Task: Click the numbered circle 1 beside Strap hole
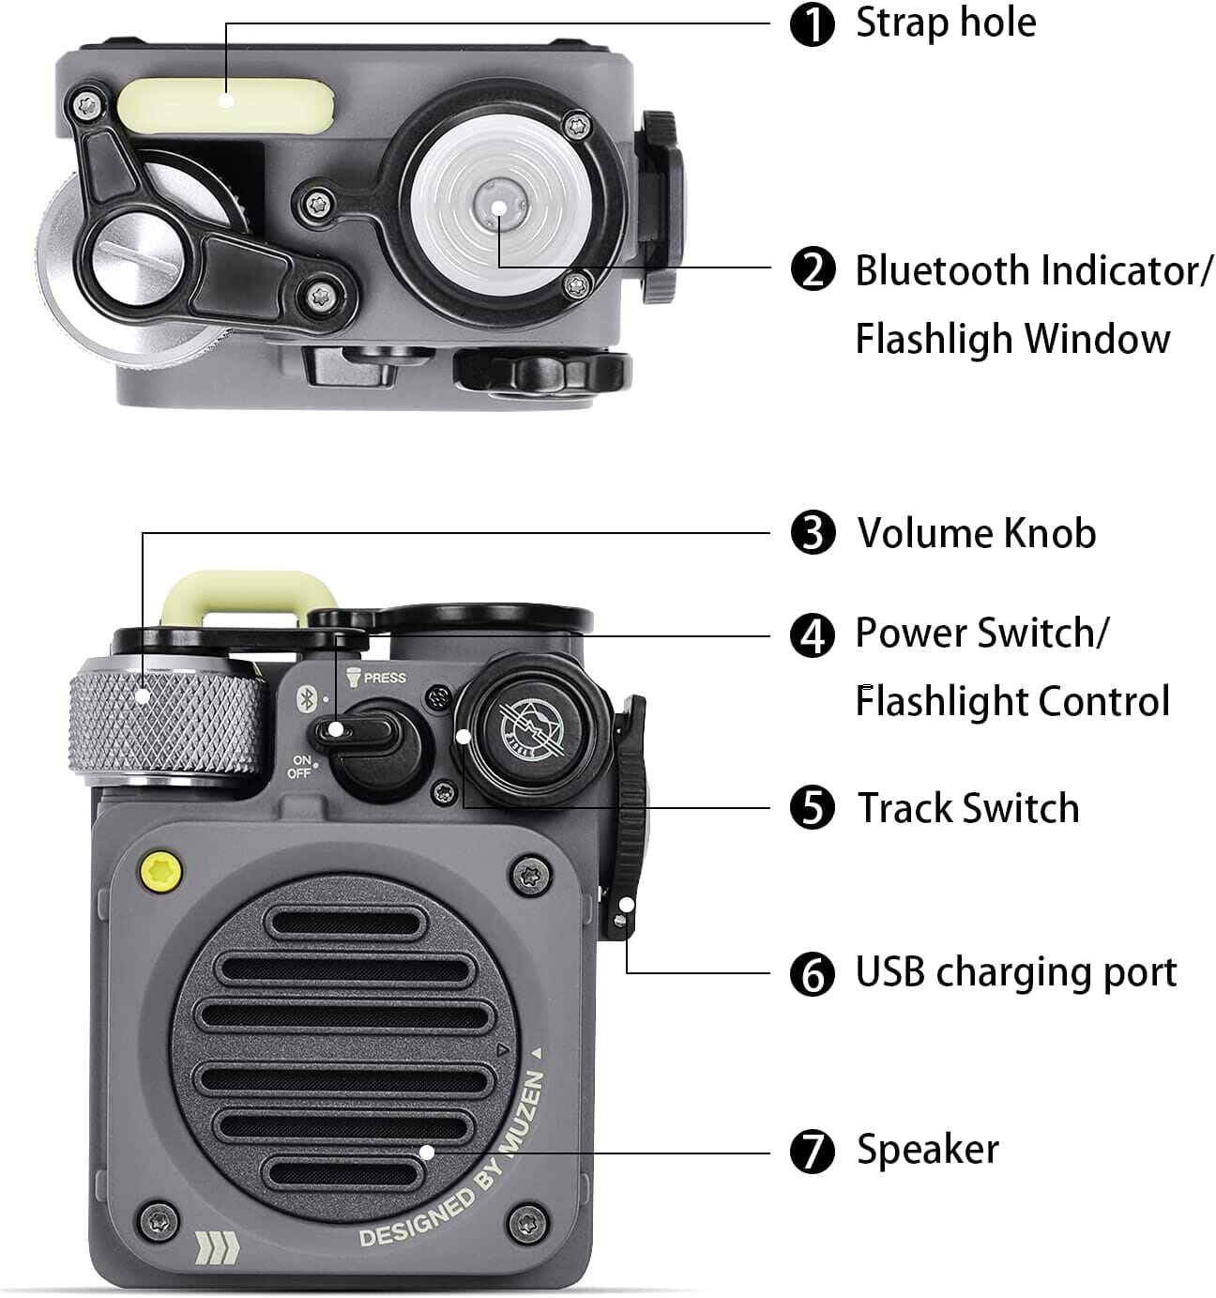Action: pyautogui.click(x=812, y=24)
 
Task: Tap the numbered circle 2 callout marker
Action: pyautogui.click(x=812, y=270)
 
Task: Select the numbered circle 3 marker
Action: pyautogui.click(x=812, y=533)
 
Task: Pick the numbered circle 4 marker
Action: pyautogui.click(x=812, y=634)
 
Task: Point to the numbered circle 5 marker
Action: pyautogui.click(x=812, y=809)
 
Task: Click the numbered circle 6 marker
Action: pyautogui.click(x=812, y=974)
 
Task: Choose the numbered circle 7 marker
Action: pyautogui.click(x=812, y=1152)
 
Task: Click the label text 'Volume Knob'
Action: pyautogui.click(x=977, y=533)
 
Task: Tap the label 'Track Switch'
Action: pyautogui.click(x=968, y=809)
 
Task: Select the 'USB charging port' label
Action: pyautogui.click(x=1016, y=972)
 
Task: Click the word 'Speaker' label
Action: pyautogui.click(x=928, y=1150)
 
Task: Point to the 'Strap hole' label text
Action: pyautogui.click(x=946, y=23)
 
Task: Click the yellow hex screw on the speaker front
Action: pyautogui.click(x=160, y=868)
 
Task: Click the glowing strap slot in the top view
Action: pyautogui.click(x=226, y=104)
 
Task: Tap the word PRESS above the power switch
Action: pyautogui.click(x=385, y=678)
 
